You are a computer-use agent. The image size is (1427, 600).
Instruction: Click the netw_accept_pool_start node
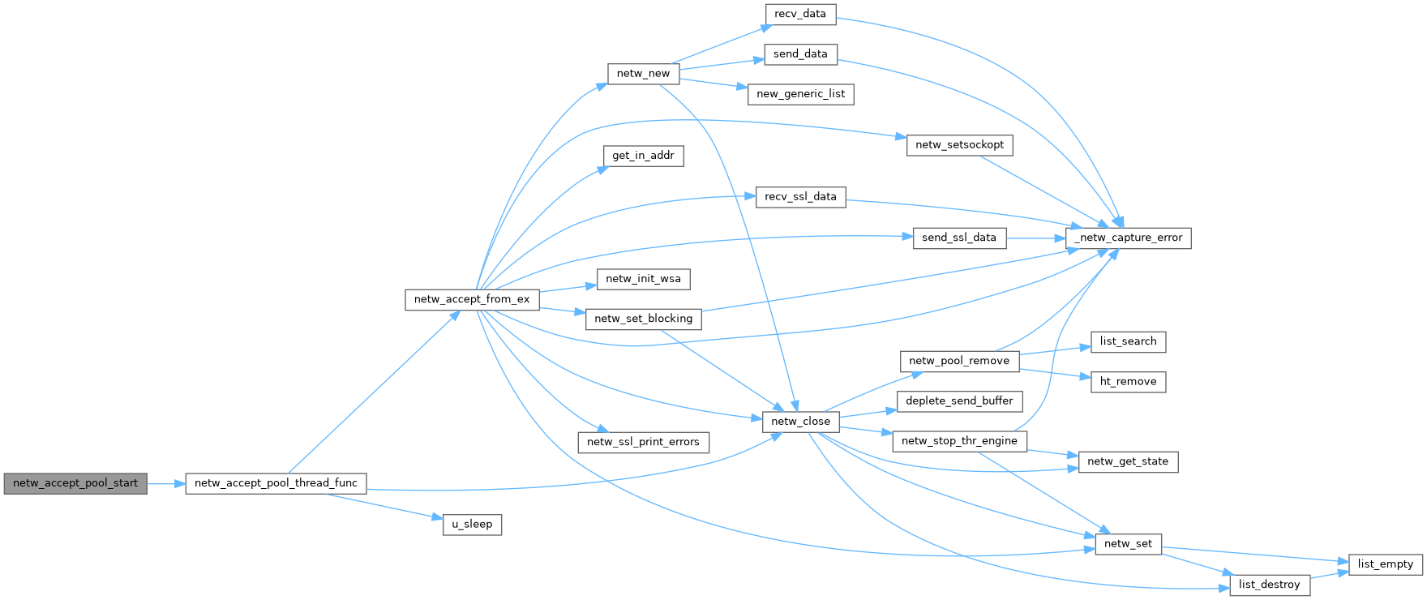pyautogui.click(x=75, y=483)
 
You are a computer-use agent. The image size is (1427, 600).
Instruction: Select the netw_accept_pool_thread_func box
pyautogui.click(x=276, y=483)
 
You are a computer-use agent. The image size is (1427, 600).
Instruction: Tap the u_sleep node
pyautogui.click(x=472, y=525)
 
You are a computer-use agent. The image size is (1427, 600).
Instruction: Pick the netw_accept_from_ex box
pyautogui.click(x=472, y=299)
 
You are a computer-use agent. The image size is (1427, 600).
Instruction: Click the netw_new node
pyautogui.click(x=643, y=74)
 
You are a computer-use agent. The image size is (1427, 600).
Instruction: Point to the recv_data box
pyautogui.click(x=800, y=14)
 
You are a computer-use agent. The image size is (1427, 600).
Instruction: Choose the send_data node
pyautogui.click(x=800, y=54)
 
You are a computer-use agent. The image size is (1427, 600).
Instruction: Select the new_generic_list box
pyautogui.click(x=800, y=94)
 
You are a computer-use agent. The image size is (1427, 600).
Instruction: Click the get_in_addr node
pyautogui.click(x=643, y=156)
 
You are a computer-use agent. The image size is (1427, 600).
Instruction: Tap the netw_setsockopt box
pyautogui.click(x=959, y=145)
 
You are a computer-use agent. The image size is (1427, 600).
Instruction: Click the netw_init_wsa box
pyautogui.click(x=643, y=279)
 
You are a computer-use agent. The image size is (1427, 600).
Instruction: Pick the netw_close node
pyautogui.click(x=800, y=422)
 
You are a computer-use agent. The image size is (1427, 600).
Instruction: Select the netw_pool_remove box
pyautogui.click(x=959, y=361)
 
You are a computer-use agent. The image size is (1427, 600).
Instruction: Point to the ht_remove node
pyautogui.click(x=1128, y=382)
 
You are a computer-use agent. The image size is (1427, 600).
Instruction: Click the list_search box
pyautogui.click(x=1128, y=341)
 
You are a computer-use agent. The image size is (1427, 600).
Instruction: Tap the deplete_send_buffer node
pyautogui.click(x=959, y=401)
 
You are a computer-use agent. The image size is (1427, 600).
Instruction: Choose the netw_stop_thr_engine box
pyautogui.click(x=959, y=441)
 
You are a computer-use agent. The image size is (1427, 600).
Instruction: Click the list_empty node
pyautogui.click(x=1385, y=564)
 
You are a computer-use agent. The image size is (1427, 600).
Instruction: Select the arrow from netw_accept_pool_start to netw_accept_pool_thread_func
pyautogui.click(x=166, y=484)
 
